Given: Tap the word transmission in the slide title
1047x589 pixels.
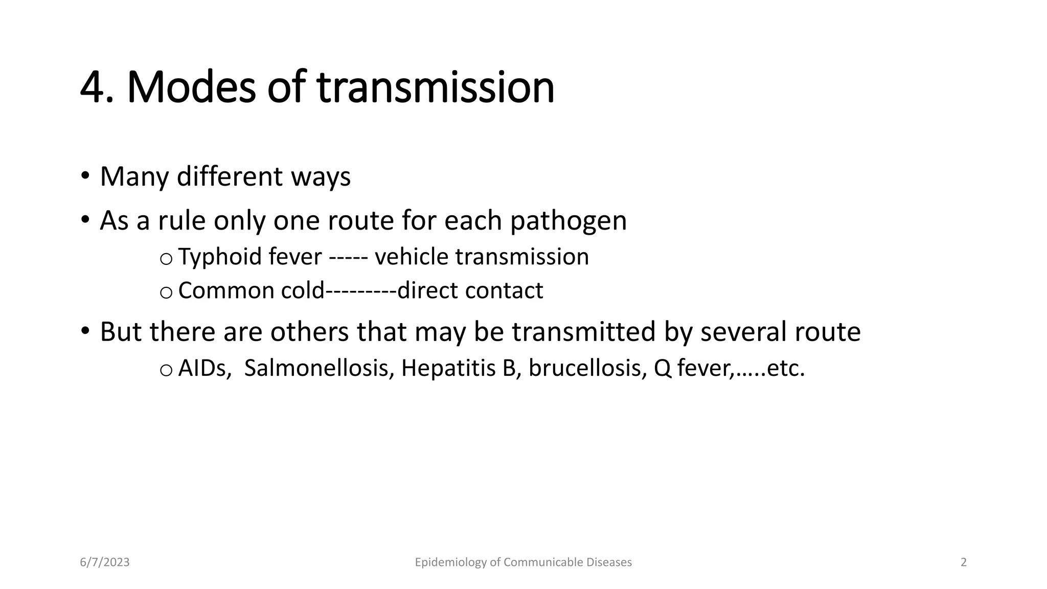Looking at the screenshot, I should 436,87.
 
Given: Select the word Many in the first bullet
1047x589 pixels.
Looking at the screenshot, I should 134,177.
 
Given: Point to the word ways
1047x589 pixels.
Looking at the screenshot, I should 321,177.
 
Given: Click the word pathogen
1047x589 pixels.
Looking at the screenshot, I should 568,221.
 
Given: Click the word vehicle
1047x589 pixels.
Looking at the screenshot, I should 412,257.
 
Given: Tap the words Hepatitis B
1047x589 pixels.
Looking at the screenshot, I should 458,368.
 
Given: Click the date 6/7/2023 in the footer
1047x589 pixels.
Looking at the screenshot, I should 105,562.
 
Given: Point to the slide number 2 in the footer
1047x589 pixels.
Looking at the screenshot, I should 964,562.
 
